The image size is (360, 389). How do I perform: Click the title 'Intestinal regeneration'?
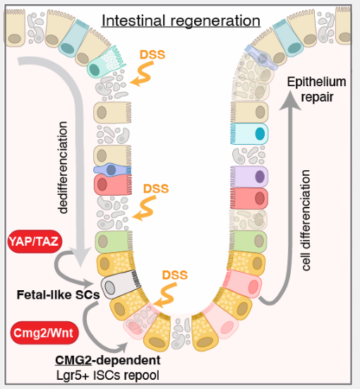click(x=181, y=21)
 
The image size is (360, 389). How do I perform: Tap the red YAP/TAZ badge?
click(x=35, y=241)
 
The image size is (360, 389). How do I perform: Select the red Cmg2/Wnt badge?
click(x=44, y=333)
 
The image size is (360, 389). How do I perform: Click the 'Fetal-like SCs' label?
click(x=58, y=294)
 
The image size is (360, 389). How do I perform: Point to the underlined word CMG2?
click(x=73, y=360)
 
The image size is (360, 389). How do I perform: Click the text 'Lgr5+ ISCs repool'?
click(x=108, y=376)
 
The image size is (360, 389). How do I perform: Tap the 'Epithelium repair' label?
click(x=316, y=89)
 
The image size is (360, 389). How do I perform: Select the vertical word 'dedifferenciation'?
click(x=62, y=167)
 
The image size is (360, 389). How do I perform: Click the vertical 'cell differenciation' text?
click(x=306, y=220)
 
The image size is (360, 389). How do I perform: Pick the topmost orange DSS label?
click(x=152, y=54)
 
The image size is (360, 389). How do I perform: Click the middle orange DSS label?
click(x=156, y=188)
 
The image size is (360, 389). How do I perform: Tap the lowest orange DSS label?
click(x=175, y=275)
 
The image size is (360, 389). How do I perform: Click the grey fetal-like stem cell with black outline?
click(x=121, y=285)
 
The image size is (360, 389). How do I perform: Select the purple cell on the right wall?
click(x=249, y=176)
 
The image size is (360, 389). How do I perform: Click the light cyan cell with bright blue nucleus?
click(x=249, y=133)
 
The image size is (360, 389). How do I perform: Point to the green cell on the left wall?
click(x=114, y=241)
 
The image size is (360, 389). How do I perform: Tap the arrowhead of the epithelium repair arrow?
click(x=290, y=100)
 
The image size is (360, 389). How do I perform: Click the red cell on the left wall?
click(x=113, y=184)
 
